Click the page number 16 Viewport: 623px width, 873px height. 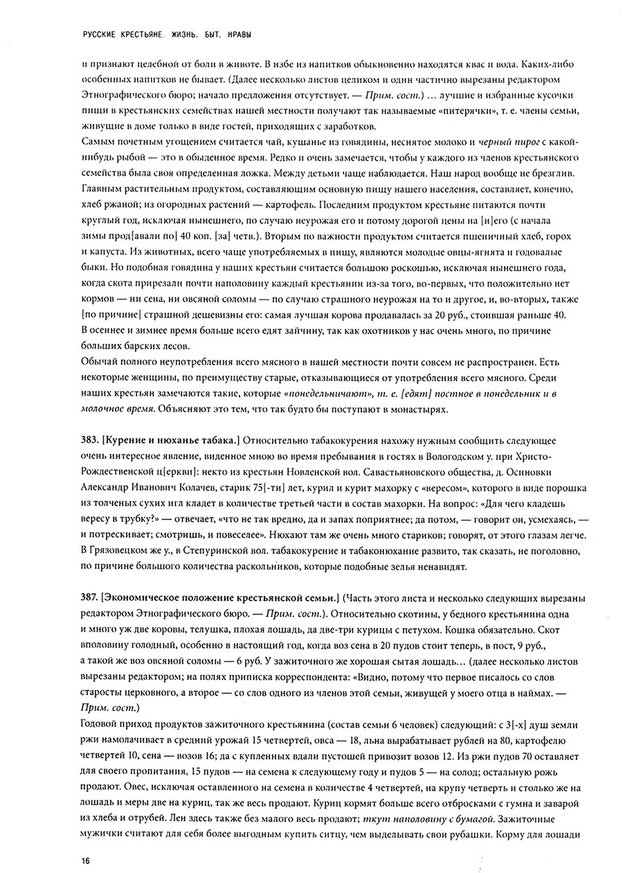85,860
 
